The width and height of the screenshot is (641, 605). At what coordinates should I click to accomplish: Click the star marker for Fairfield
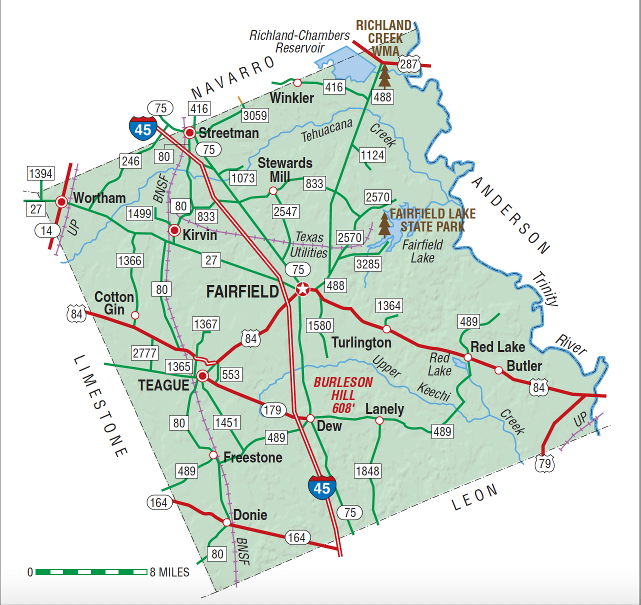coord(302,289)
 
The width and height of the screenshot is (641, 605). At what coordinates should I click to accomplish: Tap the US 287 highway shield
coord(408,64)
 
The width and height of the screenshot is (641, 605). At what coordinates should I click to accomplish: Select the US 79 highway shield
coord(544,463)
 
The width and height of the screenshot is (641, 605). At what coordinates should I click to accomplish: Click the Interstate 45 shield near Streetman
coord(143,129)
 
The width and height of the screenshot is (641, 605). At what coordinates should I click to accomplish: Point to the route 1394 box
coord(40,173)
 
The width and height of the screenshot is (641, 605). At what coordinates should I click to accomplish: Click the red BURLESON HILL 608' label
coord(343,395)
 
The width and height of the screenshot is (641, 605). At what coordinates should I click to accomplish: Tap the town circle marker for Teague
coord(202,376)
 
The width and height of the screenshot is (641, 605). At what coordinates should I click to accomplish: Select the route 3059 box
coord(255,115)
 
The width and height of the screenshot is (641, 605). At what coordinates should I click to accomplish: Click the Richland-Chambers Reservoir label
coord(299,41)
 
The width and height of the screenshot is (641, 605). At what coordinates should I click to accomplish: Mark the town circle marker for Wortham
coord(61,202)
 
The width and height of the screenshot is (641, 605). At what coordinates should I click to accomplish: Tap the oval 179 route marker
coord(272,410)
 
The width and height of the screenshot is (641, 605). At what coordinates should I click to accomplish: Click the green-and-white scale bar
coord(91,571)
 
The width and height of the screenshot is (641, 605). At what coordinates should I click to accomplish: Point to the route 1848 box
coord(367,471)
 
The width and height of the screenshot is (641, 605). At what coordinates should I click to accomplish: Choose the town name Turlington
coord(361,342)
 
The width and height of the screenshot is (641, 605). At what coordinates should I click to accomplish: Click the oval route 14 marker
coord(46,230)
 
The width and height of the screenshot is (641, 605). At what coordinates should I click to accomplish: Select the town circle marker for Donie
coord(227,522)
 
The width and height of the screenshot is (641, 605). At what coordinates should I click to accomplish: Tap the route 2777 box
coord(144,353)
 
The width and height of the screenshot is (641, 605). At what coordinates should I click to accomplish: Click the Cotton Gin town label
coord(114,303)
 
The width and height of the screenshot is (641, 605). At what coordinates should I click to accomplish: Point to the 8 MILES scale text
coord(169,572)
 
